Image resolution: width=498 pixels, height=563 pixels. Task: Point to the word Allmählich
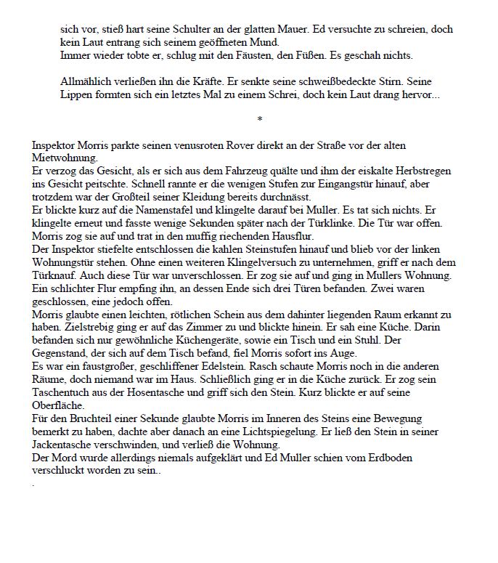[x=86, y=82]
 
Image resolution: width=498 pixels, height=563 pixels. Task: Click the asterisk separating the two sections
[x=259, y=119]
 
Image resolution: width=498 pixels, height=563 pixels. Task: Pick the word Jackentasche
[x=65, y=445]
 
